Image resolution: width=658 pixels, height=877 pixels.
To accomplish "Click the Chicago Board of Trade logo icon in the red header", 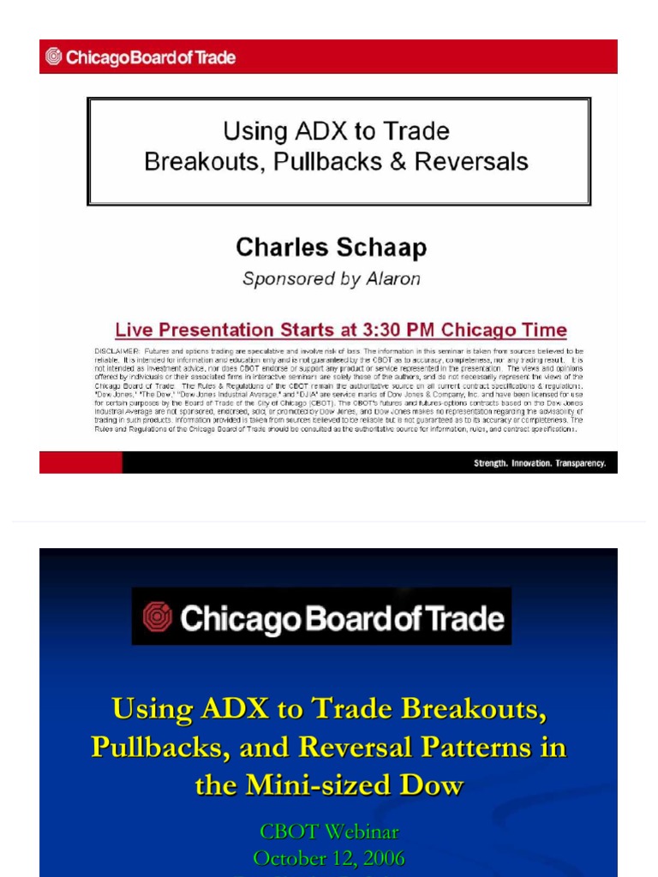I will [x=54, y=57].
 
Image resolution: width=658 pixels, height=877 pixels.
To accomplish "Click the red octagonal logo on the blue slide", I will [x=157, y=617].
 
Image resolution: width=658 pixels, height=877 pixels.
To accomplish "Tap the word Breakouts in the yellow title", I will [x=472, y=710].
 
